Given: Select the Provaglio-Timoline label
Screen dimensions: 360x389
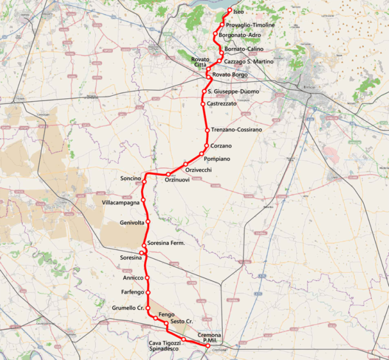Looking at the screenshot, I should click(250, 25).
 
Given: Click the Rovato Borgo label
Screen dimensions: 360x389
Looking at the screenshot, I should click(230, 75).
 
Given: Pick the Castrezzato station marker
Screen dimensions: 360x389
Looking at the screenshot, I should click(203, 104).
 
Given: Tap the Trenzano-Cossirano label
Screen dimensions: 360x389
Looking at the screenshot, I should click(237, 129).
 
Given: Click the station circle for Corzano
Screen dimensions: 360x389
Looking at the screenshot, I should click(207, 145).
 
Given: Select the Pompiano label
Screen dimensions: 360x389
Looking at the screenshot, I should click(216, 159).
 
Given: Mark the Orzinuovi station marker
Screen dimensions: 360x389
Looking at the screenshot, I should click(168, 175).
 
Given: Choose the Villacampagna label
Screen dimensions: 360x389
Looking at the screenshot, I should click(121, 202).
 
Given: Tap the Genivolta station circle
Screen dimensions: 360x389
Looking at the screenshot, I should click(148, 222).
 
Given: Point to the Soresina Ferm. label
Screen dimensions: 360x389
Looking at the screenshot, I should click(166, 243).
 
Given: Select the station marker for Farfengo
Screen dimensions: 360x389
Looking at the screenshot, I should click(148, 292).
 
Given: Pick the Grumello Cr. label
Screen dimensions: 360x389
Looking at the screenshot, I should click(128, 308).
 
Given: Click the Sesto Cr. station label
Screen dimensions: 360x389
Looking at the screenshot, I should click(182, 322).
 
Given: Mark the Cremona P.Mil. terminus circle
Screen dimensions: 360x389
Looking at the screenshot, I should click(207, 346).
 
